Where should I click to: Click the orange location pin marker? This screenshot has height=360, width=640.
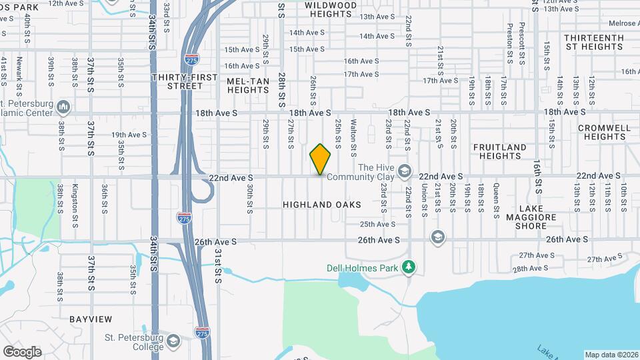pos(321,159)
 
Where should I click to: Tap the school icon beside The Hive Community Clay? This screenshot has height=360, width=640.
pos(404,172)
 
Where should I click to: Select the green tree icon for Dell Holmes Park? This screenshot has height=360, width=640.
pos(409,268)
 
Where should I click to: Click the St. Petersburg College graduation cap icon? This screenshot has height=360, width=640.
pos(173,341)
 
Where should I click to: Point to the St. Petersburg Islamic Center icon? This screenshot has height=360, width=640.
pos(64,107)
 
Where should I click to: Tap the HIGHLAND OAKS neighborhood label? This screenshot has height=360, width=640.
pos(321,205)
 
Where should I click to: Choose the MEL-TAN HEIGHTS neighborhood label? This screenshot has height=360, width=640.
pos(247,85)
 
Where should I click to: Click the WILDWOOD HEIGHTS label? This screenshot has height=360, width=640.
pos(331,9)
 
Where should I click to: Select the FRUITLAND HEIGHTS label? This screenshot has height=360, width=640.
pos(500,151)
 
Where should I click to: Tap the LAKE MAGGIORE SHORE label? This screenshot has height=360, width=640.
pos(531,221)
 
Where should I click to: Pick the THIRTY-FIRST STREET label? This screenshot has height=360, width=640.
pos(185,81)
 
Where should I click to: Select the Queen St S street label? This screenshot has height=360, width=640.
pos(496,202)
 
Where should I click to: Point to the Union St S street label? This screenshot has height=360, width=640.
pos(424,202)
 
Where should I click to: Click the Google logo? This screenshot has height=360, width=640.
pos(22,352)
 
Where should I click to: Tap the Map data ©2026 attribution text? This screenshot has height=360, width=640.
pos(611,355)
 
